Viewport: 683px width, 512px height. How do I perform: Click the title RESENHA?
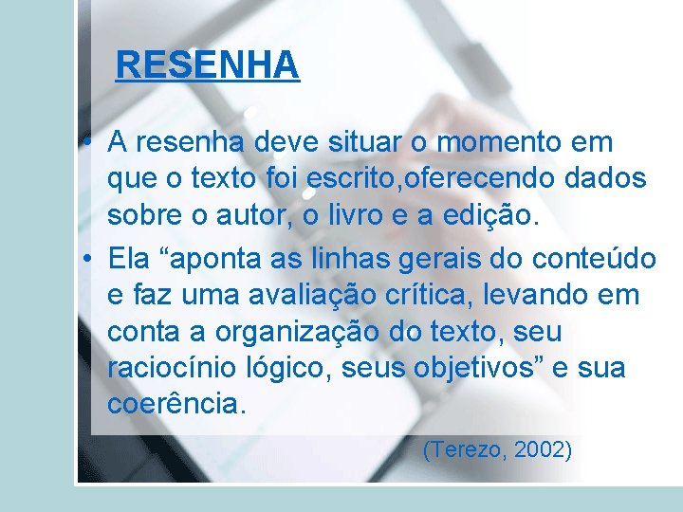tap(207, 65)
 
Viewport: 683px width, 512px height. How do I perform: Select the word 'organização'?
tap(292, 332)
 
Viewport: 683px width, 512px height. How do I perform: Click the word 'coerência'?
tap(176, 405)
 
